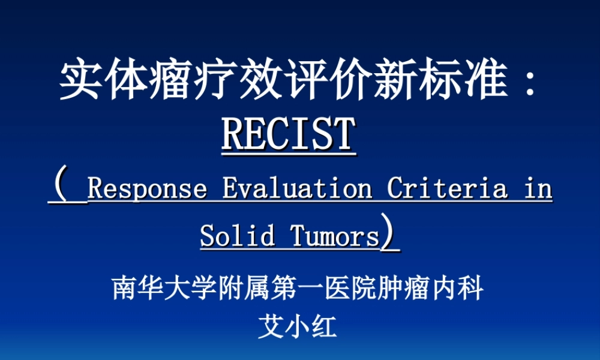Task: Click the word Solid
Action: [x=238, y=235]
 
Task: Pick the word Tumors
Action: [x=335, y=235]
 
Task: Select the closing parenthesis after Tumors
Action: [x=391, y=234]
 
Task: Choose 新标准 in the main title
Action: [x=440, y=81]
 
